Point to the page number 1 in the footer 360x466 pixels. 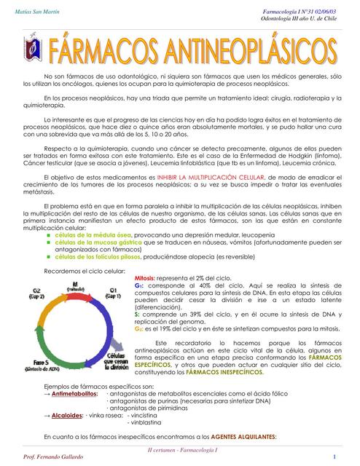point(334,457)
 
